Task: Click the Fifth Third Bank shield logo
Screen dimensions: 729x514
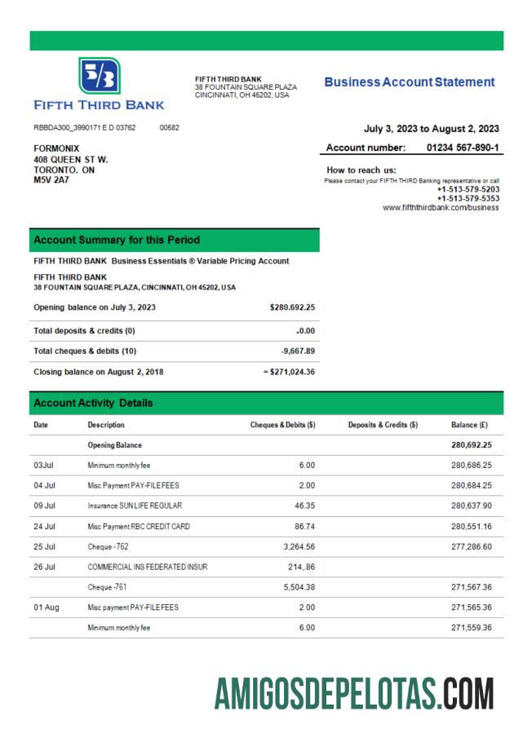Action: pyautogui.click(x=99, y=76)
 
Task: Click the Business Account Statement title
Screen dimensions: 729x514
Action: pyautogui.click(x=409, y=82)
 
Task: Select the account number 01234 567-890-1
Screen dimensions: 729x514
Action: pyautogui.click(x=463, y=148)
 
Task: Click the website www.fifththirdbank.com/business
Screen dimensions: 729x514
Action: pyautogui.click(x=441, y=208)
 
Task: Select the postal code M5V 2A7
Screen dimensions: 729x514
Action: pyautogui.click(x=51, y=179)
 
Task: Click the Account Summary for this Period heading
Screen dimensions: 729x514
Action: pyautogui.click(x=117, y=241)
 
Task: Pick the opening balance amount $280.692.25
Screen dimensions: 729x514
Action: pyautogui.click(x=292, y=307)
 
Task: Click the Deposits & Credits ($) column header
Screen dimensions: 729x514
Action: pyautogui.click(x=383, y=425)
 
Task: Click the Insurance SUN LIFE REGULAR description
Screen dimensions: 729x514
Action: pyautogui.click(x=135, y=506)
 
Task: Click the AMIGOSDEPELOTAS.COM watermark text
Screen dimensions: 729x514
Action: pyautogui.click(x=354, y=694)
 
